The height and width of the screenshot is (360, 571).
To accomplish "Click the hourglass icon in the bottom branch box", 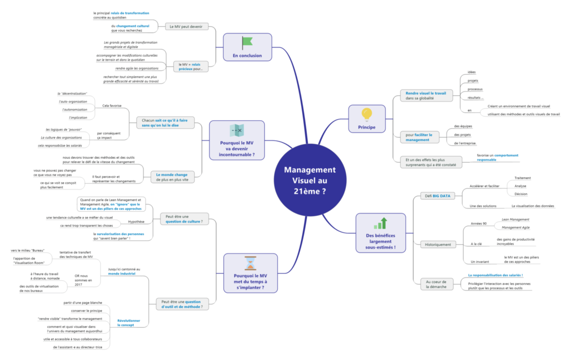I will pos(250,264).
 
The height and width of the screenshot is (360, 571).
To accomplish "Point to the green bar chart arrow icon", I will pos(380,223).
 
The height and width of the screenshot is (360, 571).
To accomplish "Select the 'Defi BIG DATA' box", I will pos(438,196).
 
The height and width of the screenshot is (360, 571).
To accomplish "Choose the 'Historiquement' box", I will pos(438,244).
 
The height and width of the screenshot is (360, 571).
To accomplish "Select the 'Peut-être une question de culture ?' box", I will pos(183,218).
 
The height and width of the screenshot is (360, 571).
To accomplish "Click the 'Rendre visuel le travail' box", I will pos(425,95).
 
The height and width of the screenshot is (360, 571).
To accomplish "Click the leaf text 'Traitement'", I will pos(522,178).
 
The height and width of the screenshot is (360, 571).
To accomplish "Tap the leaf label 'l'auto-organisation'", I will pos(73,101).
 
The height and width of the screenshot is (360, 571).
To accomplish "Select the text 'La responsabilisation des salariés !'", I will pos(495,275).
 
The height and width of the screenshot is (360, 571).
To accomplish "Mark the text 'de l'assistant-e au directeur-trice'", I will pos(78,347).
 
